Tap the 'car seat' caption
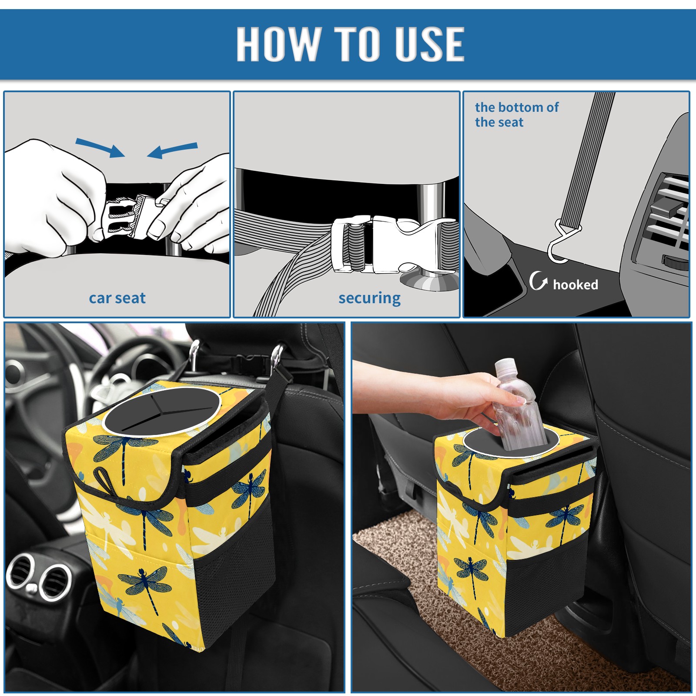[117, 298]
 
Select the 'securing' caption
[369, 298]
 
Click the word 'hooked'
[576, 284]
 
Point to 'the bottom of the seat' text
[516, 114]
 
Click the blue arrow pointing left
[172, 150]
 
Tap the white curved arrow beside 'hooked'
[538, 281]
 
